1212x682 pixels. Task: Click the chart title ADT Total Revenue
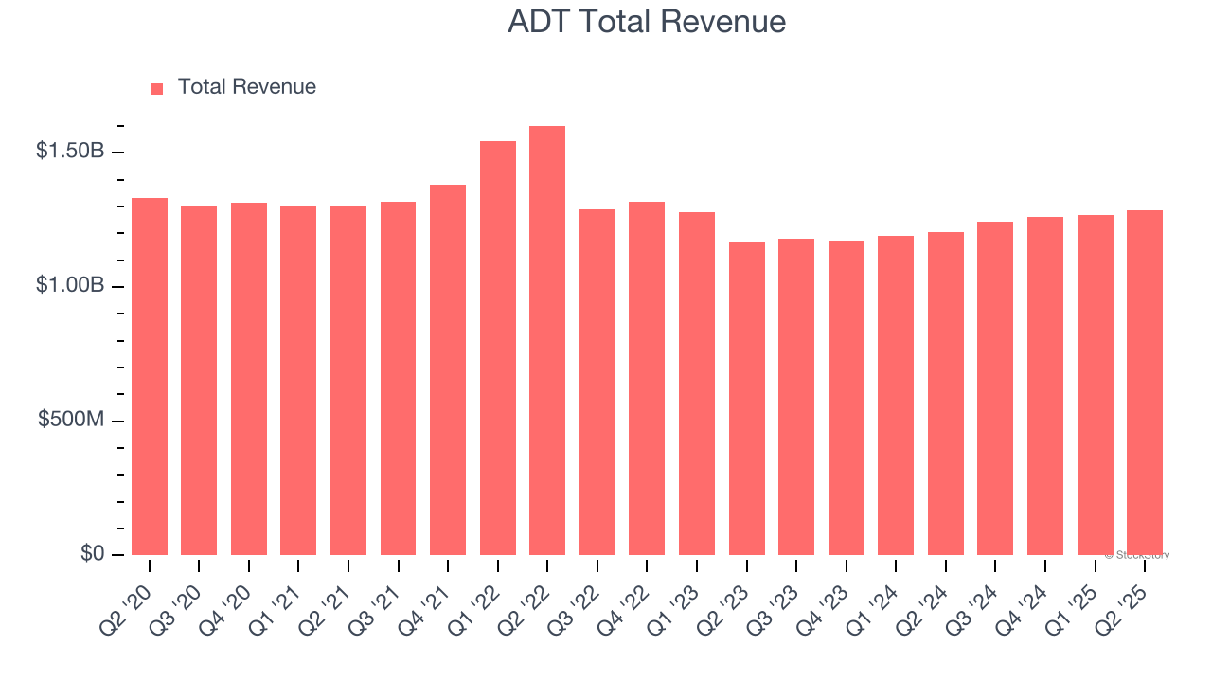(647, 22)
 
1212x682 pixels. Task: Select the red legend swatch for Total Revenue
(157, 88)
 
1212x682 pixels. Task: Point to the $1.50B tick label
(69, 151)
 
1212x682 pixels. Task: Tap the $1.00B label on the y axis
(69, 285)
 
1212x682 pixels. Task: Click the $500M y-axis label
(71, 420)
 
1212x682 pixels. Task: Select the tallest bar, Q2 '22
(547, 341)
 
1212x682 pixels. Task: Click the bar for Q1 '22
(498, 349)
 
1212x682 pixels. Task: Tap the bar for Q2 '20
(150, 377)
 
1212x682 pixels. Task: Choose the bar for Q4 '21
(448, 370)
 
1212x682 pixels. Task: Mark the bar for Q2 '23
(746, 399)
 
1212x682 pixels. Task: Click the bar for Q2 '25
(1145, 383)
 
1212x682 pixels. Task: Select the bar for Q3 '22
(597, 383)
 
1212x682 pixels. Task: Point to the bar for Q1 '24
(896, 396)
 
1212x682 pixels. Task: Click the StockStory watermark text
(1137, 555)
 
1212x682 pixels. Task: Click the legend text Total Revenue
(247, 87)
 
